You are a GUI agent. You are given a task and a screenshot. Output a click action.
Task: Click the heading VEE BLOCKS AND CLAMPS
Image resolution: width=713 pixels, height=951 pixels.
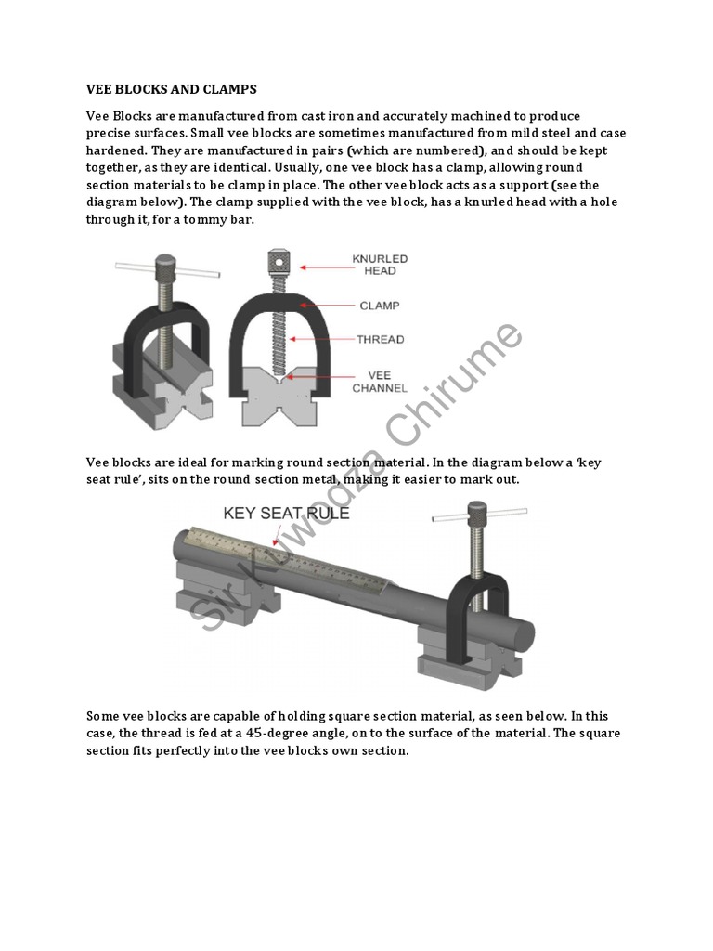[172, 89]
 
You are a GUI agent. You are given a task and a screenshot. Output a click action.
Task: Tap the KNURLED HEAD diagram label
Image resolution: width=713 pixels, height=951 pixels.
[380, 264]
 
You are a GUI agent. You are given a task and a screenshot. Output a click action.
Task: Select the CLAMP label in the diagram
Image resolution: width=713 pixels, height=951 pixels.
[380, 304]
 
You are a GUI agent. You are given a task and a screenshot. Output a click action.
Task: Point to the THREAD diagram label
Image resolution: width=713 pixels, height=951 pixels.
[381, 339]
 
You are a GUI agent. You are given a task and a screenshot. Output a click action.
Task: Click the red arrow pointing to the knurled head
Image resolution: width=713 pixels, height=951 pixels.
[322, 267]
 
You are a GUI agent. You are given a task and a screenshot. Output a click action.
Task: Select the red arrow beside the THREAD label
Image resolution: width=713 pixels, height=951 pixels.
[325, 339]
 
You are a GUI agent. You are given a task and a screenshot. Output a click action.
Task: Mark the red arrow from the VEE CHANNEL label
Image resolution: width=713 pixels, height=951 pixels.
[328, 376]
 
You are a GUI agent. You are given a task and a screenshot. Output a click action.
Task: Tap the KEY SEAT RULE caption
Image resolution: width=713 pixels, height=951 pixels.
[285, 513]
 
